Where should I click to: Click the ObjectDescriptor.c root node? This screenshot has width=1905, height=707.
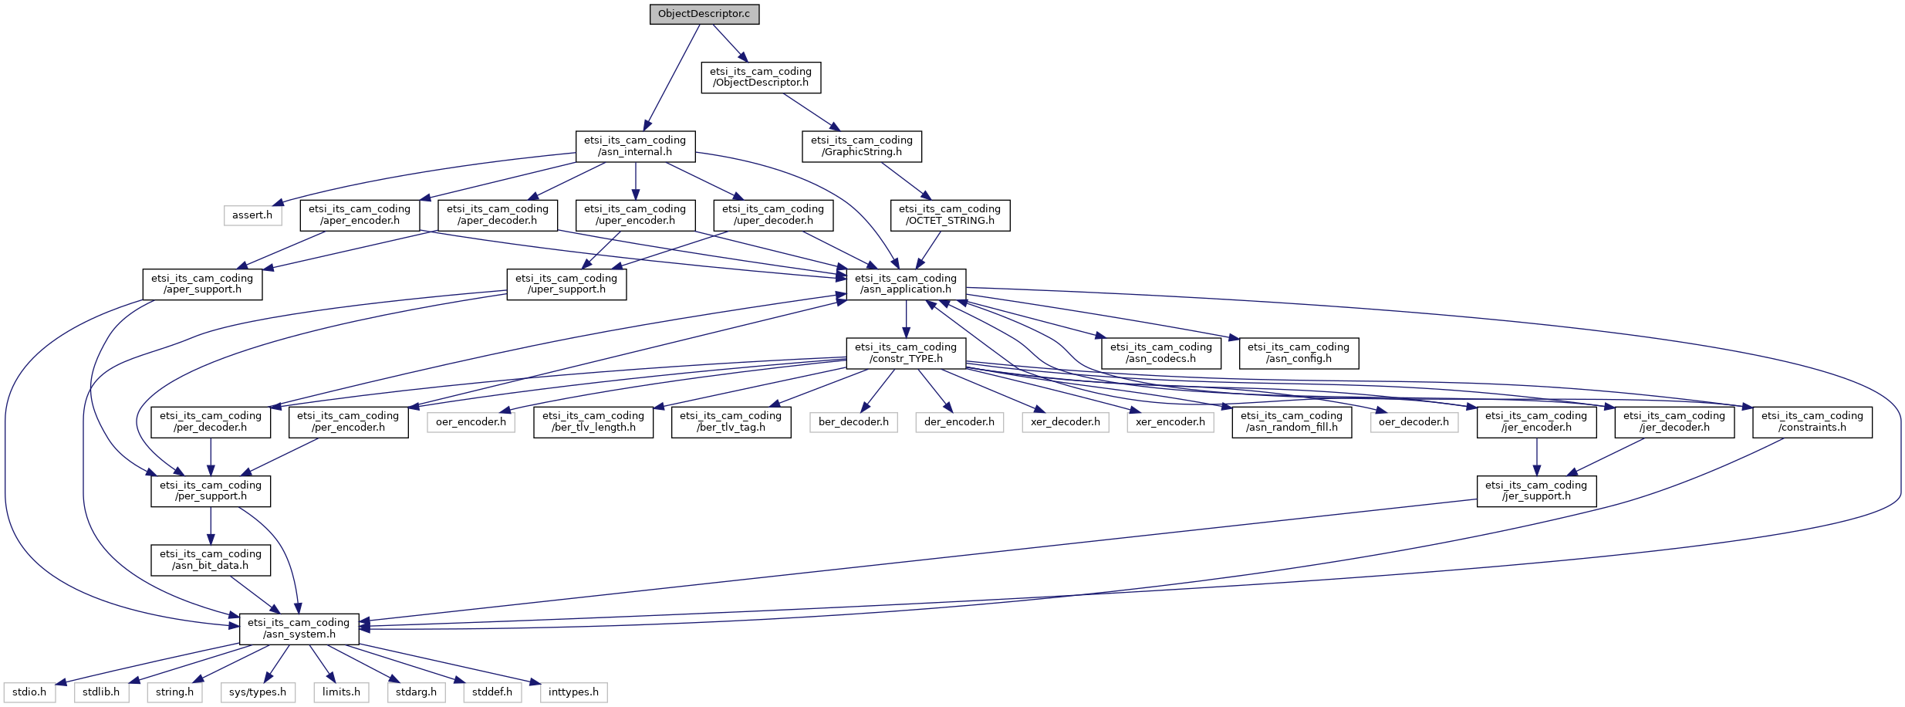point(704,14)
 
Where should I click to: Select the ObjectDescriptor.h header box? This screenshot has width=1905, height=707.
point(761,77)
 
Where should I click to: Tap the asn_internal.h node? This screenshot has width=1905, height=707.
point(635,146)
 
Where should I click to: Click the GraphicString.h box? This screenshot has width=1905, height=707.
point(862,146)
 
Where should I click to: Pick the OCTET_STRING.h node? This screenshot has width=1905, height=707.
point(950,215)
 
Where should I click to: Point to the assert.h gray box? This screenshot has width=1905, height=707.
point(252,215)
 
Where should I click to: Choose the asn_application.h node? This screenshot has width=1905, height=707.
point(906,284)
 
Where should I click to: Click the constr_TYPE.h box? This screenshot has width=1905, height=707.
point(906,353)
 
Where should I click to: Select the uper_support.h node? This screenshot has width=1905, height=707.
point(566,284)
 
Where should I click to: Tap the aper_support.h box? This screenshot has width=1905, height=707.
point(202,284)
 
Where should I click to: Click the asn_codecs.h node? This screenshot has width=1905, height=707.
point(1161,353)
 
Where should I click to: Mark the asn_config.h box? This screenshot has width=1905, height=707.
point(1299,353)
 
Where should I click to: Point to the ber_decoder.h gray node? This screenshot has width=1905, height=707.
point(853,422)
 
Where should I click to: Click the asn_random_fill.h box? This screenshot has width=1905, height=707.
point(1292,421)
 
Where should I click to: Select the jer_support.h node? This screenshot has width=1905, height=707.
point(1536,491)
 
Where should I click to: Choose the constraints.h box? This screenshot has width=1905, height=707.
point(1812,421)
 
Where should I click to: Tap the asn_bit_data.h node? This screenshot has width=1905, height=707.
point(211,560)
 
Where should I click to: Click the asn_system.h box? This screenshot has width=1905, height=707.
point(299,628)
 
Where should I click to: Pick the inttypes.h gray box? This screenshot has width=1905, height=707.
point(573,692)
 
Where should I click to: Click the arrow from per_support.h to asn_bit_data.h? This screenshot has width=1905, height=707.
point(211,526)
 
